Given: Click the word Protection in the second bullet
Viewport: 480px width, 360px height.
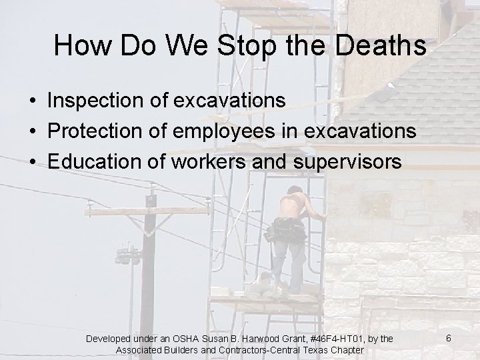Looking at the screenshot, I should click(x=95, y=131).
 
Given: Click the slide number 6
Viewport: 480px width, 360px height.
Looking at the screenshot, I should click(x=449, y=338).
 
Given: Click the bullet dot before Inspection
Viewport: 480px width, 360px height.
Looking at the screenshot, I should click(x=32, y=101).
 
